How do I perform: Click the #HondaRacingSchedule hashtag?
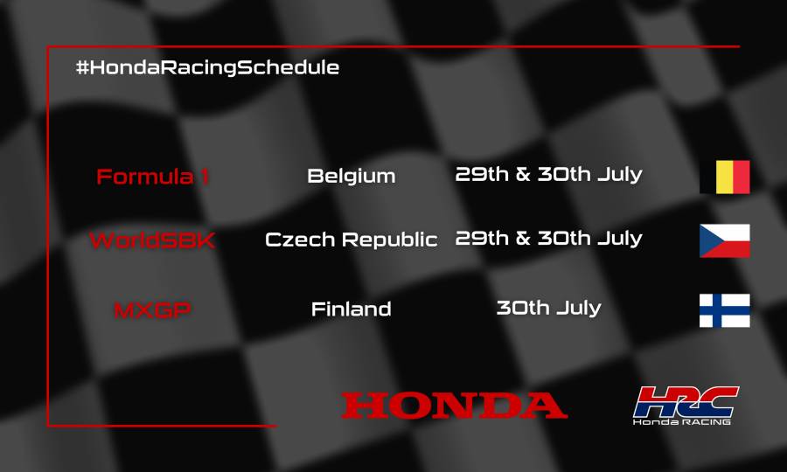[207, 67]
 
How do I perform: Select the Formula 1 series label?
[152, 177]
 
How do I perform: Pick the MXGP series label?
[152, 309]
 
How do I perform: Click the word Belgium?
[351, 176]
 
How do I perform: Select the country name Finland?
[351, 309]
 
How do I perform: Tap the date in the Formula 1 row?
[548, 174]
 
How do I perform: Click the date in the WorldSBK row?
[548, 238]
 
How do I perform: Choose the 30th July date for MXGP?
[548, 308]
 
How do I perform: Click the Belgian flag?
[724, 177]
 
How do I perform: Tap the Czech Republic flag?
[724, 240]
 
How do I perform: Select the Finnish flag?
[724, 310]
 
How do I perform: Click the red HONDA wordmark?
[454, 405]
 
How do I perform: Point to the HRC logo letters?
[686, 401]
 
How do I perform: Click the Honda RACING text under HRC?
[683, 421]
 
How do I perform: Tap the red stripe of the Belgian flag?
[741, 177]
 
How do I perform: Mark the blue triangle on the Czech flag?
[707, 240]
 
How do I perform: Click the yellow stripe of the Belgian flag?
[724, 177]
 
